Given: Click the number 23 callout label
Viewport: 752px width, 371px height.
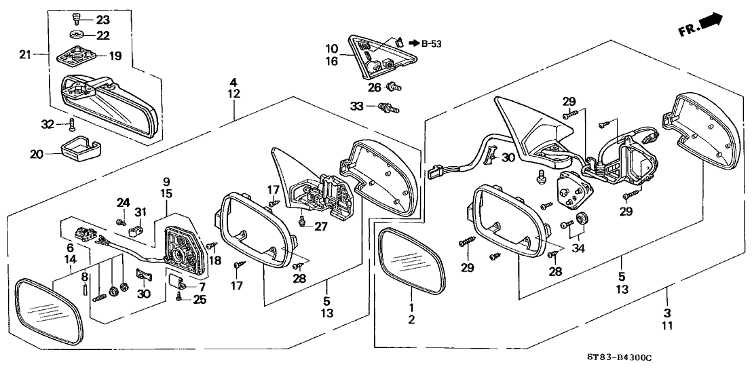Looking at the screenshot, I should pyautogui.click(x=102, y=20).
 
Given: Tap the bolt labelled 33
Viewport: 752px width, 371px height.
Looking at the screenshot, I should pyautogui.click(x=389, y=106).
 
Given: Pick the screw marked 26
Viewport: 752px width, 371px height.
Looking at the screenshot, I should pyautogui.click(x=392, y=87).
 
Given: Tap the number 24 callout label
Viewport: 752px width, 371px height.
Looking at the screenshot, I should pyautogui.click(x=122, y=202).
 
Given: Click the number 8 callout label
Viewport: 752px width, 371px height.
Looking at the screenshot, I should pyautogui.click(x=84, y=277).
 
